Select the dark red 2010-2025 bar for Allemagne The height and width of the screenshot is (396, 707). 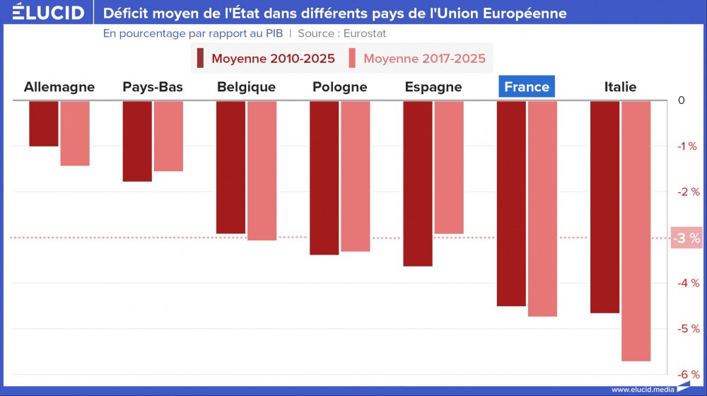coord(44,124)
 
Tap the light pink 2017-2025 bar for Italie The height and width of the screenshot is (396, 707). coord(636,231)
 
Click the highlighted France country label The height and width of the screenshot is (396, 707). coord(527,87)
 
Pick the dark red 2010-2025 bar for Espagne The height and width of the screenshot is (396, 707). coord(418,183)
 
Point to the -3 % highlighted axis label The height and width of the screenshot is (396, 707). coord(685,238)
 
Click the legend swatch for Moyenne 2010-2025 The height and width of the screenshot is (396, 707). coord(201,58)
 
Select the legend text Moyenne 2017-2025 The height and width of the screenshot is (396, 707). coord(424,58)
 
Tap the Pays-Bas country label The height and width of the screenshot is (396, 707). coord(153,87)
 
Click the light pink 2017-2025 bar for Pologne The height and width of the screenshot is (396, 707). coord(356,176)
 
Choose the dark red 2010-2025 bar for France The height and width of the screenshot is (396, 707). coord(511,203)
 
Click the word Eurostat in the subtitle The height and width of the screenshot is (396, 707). coord(364,33)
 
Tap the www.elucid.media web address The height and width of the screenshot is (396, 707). coord(642,389)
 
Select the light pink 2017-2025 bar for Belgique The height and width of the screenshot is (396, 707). coord(262,170)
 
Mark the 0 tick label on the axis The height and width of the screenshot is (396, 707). coord(681,100)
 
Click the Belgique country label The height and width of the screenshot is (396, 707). coord(246,87)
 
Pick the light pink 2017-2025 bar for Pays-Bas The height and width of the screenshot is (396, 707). coord(168,136)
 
